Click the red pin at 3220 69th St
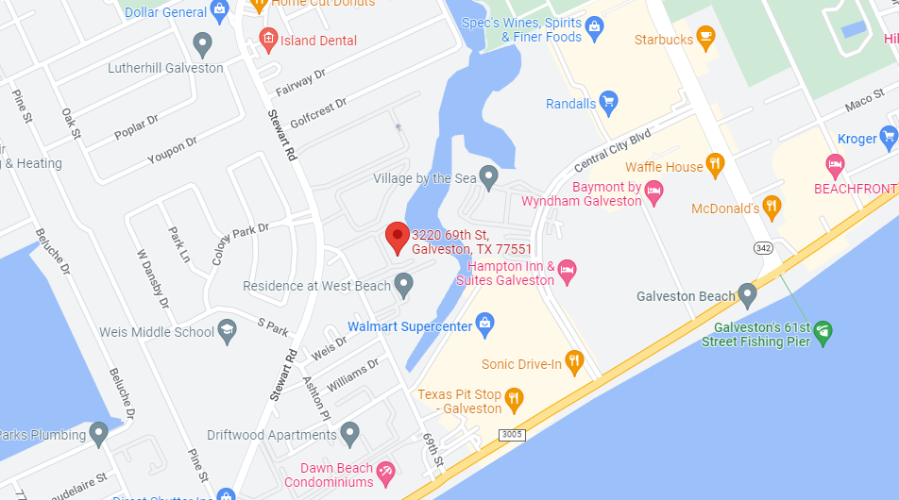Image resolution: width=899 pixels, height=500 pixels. (398, 236)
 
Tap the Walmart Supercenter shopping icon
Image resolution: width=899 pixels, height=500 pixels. (484, 325)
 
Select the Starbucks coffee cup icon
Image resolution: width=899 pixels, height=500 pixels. (704, 36)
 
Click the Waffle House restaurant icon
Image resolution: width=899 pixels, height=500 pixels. (715, 164)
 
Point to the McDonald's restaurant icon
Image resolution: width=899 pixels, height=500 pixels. (772, 206)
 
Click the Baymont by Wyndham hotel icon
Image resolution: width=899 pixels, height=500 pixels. (653, 193)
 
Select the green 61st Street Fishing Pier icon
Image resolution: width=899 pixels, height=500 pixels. (823, 330)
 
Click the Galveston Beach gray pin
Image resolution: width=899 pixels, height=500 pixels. (748, 294)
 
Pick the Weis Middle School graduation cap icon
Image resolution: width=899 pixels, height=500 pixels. (227, 331)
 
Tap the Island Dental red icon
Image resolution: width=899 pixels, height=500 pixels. (268, 40)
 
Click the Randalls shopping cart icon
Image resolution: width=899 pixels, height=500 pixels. (608, 101)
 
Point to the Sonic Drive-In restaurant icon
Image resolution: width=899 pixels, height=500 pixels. (573, 361)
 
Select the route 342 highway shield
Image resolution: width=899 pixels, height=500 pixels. (764, 248)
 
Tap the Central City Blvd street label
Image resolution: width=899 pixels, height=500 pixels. (613, 150)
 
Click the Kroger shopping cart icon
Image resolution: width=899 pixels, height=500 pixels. (888, 138)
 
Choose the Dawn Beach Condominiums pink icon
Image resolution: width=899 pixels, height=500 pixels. (384, 471)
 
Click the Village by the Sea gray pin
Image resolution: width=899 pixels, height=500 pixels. (488, 175)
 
